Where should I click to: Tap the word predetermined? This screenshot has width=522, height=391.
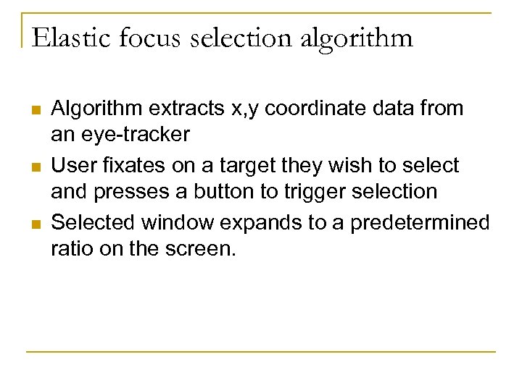point(420,222)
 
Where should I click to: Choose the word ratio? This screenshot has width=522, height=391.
point(69,248)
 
